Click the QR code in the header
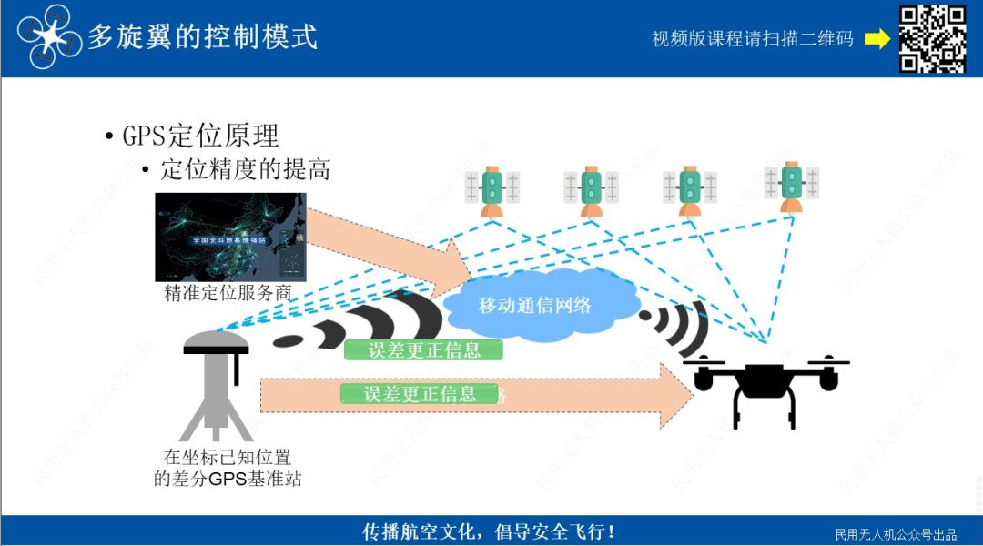(x=932, y=38)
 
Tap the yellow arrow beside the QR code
(x=877, y=39)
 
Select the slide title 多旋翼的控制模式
(x=202, y=36)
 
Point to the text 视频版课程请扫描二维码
(x=753, y=39)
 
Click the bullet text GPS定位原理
(x=200, y=136)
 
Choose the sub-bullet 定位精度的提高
(x=245, y=169)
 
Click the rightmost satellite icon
(x=792, y=186)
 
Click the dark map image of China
(x=230, y=237)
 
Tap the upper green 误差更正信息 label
(x=423, y=350)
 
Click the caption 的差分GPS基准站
(x=228, y=478)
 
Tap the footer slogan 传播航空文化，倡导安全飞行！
(x=489, y=531)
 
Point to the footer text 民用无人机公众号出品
(x=896, y=534)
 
